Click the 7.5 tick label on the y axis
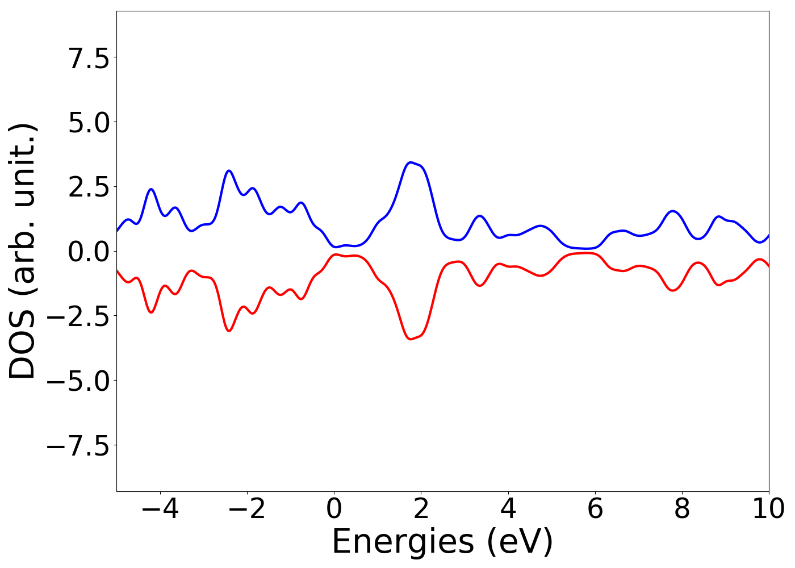click(89, 58)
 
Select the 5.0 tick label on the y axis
click(89, 123)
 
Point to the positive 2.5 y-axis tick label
click(89, 187)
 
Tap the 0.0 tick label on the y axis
click(89, 252)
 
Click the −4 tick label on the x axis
click(160, 509)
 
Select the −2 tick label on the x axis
click(247, 509)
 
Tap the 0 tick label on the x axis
click(334, 509)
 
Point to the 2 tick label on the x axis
click(421, 509)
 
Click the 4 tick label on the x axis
click(508, 509)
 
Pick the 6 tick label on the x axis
click(595, 509)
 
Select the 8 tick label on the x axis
click(682, 509)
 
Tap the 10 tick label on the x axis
click(769, 509)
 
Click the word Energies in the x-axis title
click(403, 542)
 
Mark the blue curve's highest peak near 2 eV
click(410, 162)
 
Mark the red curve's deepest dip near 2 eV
click(410, 339)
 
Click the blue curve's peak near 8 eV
click(673, 211)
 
